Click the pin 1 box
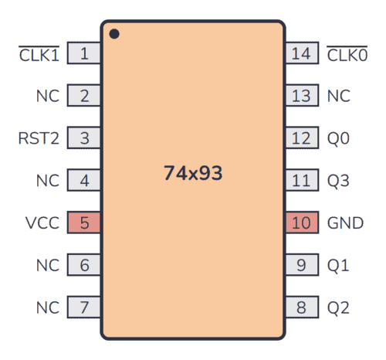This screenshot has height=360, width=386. click(x=84, y=54)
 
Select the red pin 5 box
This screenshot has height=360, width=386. click(x=84, y=223)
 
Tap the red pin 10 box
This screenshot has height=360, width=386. click(x=302, y=223)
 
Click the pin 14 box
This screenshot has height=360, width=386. click(x=302, y=54)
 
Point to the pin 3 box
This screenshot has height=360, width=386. click(x=84, y=139)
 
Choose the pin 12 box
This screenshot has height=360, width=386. click(x=302, y=139)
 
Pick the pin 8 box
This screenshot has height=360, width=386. click(x=302, y=307)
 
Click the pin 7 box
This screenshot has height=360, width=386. click(x=84, y=307)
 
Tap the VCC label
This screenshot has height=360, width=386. click(x=41, y=223)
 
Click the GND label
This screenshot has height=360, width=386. click(x=345, y=223)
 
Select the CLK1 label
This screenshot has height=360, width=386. click(x=39, y=54)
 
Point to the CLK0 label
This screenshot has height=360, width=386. click(x=347, y=54)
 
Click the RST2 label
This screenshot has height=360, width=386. click(x=38, y=139)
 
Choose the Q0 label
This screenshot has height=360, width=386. click(x=338, y=139)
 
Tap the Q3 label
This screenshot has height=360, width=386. click(x=338, y=181)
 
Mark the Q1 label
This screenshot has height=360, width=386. click(x=338, y=266)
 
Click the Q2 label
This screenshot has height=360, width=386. click(x=338, y=307)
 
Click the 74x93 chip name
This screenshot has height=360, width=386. click(x=193, y=174)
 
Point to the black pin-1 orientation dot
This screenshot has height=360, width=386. click(x=114, y=34)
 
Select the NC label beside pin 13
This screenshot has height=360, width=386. click(x=338, y=97)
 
